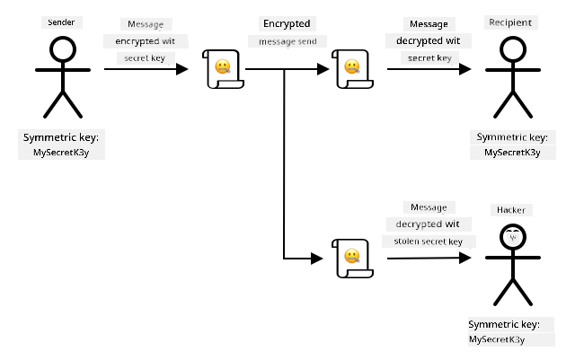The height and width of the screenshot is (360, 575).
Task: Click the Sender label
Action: (61, 22)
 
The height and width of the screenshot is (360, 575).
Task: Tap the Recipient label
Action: (510, 22)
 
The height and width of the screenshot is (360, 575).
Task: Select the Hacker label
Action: (511, 210)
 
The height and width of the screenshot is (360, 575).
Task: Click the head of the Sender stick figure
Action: (63, 49)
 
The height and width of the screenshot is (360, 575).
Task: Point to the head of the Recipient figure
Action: (513, 49)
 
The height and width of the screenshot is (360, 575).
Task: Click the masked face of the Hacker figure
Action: (513, 237)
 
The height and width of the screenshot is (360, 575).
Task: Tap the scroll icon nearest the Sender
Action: (223, 69)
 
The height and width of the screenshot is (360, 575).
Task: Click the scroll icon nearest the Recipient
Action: (352, 69)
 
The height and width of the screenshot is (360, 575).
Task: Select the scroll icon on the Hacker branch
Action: (352, 259)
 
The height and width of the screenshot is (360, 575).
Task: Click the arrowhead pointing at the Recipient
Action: (465, 69)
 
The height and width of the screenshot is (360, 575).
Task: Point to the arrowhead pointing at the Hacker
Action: (465, 258)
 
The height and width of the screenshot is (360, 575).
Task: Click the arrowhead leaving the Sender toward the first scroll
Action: (181, 69)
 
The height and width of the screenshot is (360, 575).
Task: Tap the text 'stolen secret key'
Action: (428, 241)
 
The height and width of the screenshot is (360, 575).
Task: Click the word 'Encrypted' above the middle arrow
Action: (287, 24)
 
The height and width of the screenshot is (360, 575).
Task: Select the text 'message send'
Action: (287, 42)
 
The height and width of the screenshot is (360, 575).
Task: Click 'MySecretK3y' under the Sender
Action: (61, 153)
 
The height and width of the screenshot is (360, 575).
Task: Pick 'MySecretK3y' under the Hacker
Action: (497, 339)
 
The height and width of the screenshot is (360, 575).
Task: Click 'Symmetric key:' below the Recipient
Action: (512, 137)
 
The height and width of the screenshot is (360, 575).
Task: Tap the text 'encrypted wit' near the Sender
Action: (146, 41)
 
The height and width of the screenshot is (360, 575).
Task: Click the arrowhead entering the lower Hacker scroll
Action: (317, 259)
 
